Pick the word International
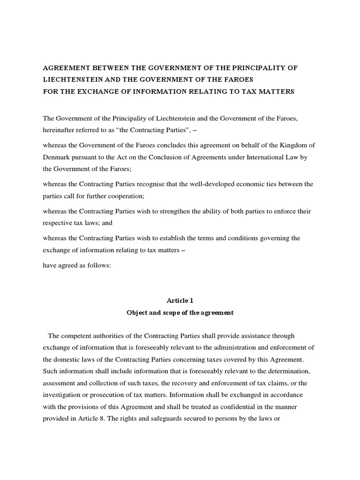tap(262, 158)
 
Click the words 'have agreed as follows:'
tap(77, 265)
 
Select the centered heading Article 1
tap(180, 300)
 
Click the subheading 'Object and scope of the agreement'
tap(180, 313)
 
